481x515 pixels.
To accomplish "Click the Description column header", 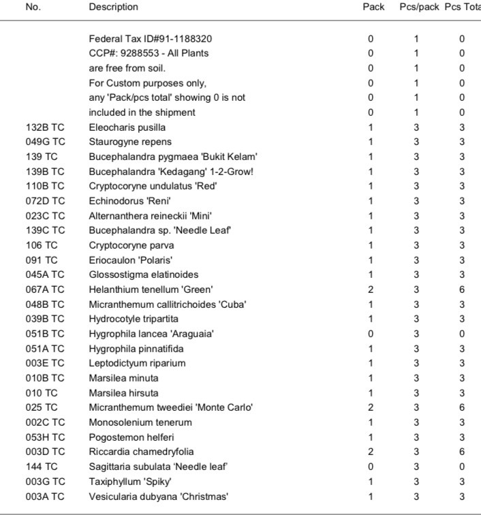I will tap(113, 7).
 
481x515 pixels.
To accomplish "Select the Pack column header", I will tap(373, 7).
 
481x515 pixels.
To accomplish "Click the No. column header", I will tap(33, 7).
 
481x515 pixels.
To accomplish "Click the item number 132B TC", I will tap(46, 127).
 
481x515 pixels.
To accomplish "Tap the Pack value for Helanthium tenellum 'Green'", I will tap(371, 290).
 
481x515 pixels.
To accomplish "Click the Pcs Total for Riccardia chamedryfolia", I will tap(462, 452).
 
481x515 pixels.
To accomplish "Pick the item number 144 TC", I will tap(42, 467).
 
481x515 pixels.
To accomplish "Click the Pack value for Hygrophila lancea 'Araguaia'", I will tap(371, 334).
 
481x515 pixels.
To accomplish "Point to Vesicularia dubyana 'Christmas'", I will tap(159, 496).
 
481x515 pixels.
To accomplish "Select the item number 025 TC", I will tap(42, 407).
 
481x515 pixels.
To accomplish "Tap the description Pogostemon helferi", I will tap(129, 437).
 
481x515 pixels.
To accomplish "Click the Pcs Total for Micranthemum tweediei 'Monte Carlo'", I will tap(462, 407).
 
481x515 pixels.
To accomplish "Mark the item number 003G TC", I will tap(46, 481).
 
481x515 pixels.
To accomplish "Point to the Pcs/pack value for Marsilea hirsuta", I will tap(416, 393).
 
